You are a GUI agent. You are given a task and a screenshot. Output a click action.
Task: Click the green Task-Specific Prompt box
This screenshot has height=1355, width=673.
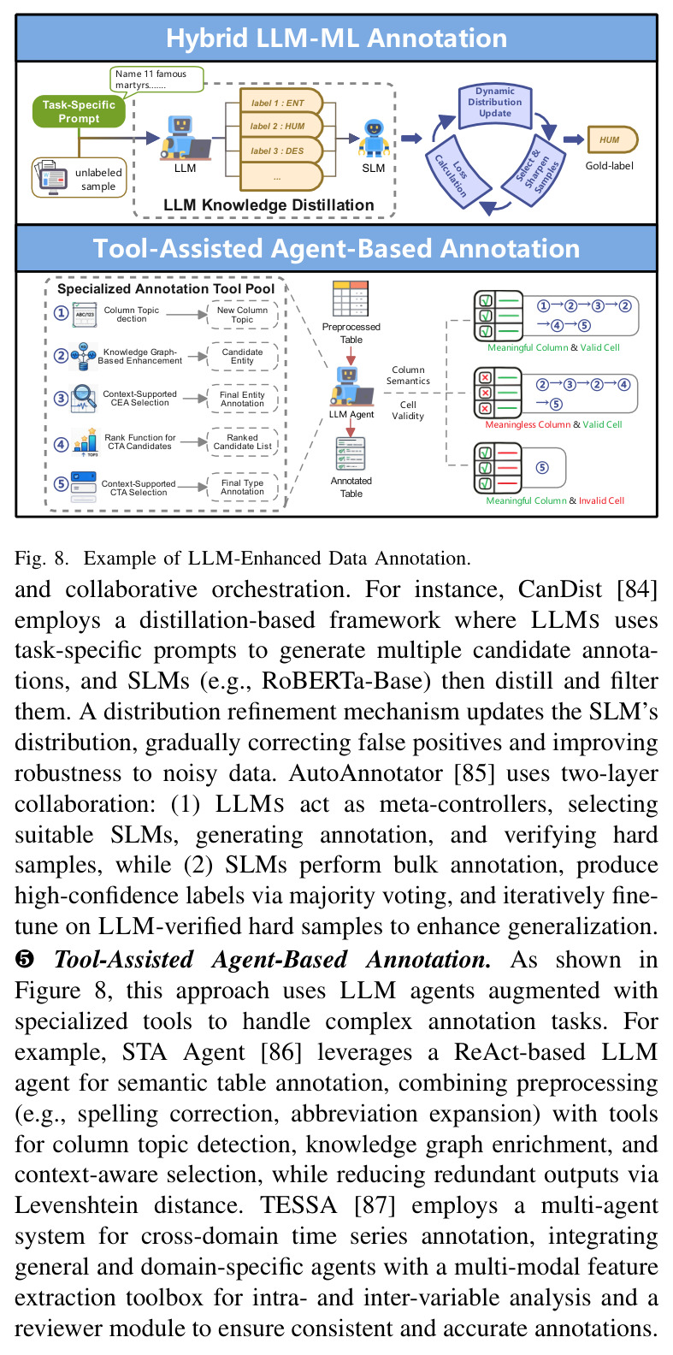79,111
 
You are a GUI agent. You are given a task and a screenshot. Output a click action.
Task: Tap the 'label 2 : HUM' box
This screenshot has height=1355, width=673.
280,127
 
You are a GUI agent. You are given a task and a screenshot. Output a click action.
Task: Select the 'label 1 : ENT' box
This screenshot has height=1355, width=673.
280,103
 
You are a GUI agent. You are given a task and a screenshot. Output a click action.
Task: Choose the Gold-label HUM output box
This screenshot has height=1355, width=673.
612,139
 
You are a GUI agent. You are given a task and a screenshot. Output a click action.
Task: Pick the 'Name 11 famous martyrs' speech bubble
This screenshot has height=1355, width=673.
156,80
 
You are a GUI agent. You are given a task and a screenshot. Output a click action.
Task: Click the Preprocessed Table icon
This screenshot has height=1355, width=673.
351,299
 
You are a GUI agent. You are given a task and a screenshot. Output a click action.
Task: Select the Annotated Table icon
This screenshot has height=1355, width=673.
351,453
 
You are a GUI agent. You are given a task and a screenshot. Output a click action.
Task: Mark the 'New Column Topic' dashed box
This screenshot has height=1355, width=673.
243,315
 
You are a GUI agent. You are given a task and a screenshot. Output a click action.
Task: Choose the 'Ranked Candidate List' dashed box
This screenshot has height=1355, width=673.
243,441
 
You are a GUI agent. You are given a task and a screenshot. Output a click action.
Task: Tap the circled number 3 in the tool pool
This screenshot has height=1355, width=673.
61,399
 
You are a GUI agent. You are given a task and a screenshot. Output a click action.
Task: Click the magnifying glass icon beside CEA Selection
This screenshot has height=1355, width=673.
84,399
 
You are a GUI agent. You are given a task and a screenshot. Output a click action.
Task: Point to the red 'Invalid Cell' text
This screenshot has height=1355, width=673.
602,501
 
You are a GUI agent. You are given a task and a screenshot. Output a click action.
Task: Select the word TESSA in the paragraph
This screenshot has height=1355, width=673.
298,1205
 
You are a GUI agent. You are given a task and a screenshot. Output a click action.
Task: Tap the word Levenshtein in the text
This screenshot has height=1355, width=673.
76,1205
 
